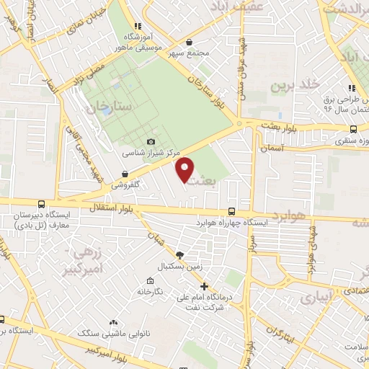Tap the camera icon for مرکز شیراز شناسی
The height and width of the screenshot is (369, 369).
point(151,142)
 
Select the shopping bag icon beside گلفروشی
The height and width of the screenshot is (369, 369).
point(125,174)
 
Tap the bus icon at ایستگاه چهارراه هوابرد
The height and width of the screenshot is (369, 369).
point(231,212)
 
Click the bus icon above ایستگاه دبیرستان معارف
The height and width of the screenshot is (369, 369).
point(40,205)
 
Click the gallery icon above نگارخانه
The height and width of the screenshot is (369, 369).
point(150,280)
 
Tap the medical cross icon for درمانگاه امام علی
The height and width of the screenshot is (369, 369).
point(205,286)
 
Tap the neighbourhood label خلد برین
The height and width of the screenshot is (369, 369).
point(294,86)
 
